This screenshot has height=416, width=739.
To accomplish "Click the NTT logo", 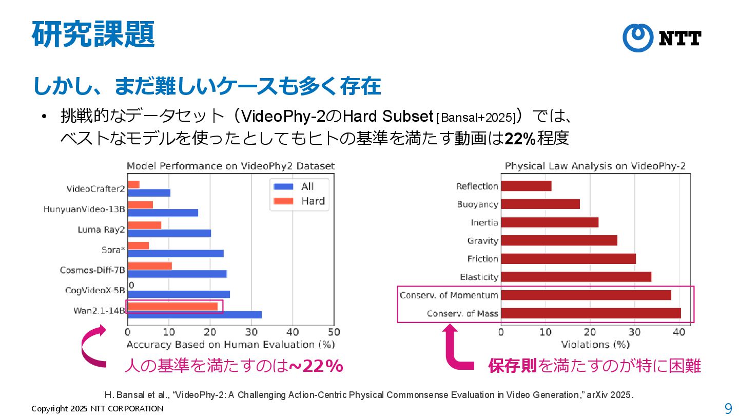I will click(662, 38).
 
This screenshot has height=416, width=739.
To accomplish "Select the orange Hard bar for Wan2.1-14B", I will click(172, 307).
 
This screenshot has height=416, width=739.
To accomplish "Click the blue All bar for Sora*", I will click(176, 253).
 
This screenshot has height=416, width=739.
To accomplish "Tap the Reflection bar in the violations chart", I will click(526, 186).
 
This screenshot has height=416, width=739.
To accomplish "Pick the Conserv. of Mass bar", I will click(591, 313).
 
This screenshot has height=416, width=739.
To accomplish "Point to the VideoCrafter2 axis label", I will click(95, 188).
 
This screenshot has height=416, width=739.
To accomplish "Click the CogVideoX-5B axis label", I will click(95, 290).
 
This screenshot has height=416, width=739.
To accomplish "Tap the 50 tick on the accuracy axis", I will click(334, 332).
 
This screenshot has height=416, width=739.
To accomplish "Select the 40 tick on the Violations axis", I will click(679, 332).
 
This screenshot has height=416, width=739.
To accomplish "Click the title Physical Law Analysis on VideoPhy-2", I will click(595, 166).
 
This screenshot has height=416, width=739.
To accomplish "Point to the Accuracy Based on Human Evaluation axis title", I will click(230, 344).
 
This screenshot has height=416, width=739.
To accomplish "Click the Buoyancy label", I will click(477, 204).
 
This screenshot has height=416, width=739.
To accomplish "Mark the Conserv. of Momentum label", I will click(449, 295).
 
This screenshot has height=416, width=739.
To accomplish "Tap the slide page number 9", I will click(728, 408).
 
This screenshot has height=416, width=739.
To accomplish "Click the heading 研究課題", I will click(93, 35).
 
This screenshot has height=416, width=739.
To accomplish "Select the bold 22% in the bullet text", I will click(520, 139).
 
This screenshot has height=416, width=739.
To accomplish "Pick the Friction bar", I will click(568, 259).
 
